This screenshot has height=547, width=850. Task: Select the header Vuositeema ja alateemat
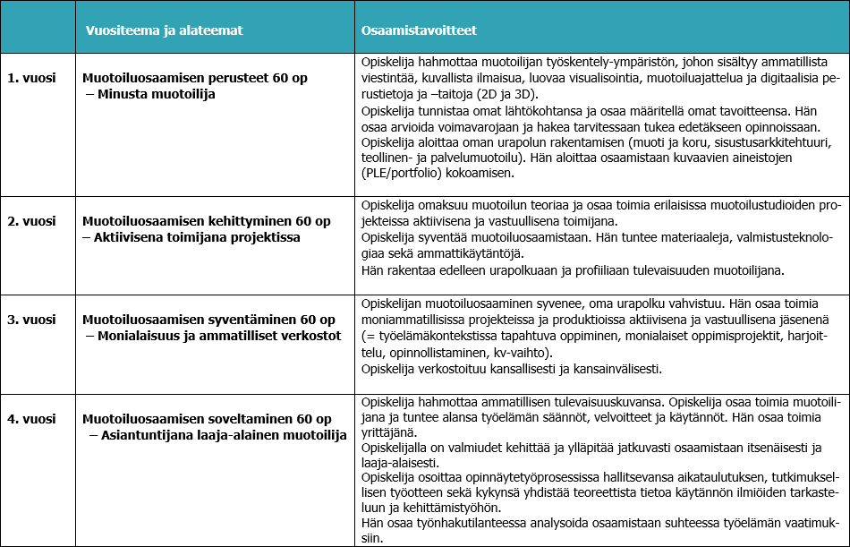pyautogui.click(x=164, y=30)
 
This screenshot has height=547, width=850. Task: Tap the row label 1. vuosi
pyautogui.click(x=32, y=78)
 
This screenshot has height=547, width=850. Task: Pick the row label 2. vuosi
pyautogui.click(x=32, y=221)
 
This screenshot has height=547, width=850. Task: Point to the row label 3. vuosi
pyautogui.click(x=32, y=320)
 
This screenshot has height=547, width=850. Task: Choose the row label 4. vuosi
pyautogui.click(x=32, y=419)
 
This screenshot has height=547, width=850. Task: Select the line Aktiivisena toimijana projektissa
pyautogui.click(x=196, y=237)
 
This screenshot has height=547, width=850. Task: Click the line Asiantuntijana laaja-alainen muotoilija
pyautogui.click(x=223, y=435)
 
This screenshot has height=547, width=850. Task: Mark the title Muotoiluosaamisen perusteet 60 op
pyautogui.click(x=195, y=78)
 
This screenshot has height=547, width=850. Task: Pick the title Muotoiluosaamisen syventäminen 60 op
pyautogui.click(x=208, y=320)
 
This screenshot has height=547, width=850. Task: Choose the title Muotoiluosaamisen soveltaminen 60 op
pyautogui.click(x=207, y=419)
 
